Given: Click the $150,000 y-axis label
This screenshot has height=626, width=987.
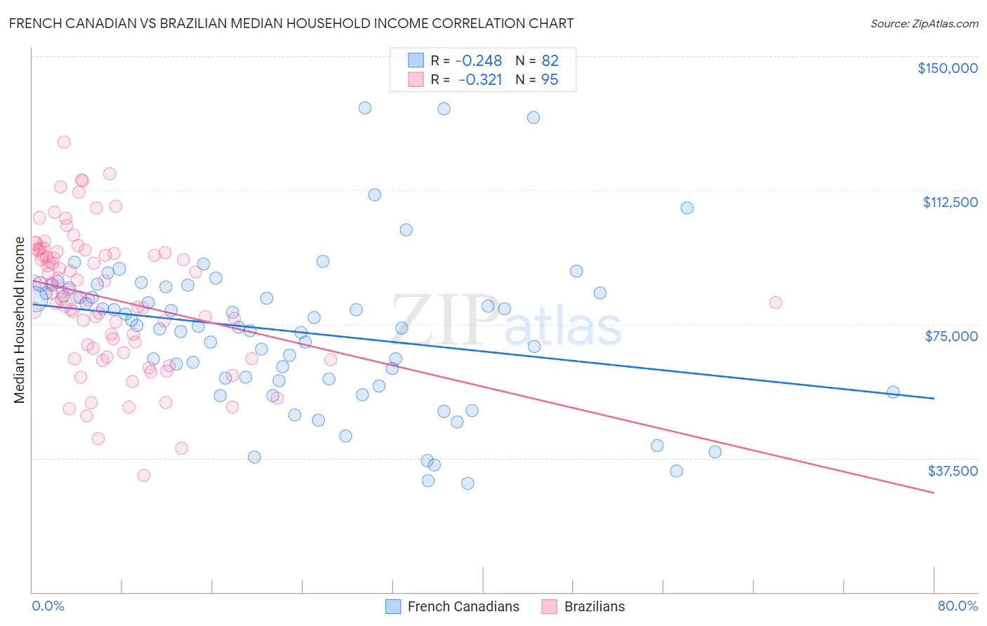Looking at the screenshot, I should [947, 68].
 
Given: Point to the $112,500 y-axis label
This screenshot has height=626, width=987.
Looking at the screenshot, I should [950, 202].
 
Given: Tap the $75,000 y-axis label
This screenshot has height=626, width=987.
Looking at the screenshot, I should [951, 336].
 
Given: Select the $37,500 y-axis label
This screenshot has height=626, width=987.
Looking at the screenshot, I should [953, 471].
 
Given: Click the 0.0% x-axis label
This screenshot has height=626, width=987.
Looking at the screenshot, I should [48, 606].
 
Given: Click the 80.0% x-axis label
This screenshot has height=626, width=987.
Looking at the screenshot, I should [958, 606].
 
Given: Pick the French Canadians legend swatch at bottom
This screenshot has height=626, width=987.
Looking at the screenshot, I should [393, 606].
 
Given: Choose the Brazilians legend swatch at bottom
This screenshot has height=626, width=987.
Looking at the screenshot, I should [549, 606].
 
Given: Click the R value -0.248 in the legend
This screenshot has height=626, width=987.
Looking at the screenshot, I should [479, 60].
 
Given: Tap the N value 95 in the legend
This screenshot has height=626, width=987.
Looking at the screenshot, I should [550, 80].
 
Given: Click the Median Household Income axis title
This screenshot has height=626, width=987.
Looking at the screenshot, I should [19, 320].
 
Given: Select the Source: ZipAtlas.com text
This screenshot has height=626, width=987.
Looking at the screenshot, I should [924, 24].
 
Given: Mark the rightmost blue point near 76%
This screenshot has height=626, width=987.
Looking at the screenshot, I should [893, 392].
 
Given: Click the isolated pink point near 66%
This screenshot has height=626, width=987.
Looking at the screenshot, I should [776, 302].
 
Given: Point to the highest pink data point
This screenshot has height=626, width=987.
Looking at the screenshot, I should [64, 142].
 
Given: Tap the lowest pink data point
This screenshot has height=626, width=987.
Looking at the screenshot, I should [144, 475].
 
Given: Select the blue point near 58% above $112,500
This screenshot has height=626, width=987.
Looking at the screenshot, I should [687, 208].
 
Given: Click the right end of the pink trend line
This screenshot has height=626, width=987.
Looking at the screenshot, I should [934, 493].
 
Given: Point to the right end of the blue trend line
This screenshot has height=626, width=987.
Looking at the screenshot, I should [934, 399].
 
